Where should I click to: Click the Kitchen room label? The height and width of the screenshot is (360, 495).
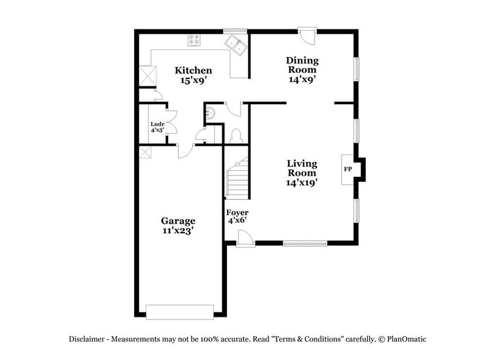tap(193, 70)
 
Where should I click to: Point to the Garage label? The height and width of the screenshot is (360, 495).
tap(178, 220)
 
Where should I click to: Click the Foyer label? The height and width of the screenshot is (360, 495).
tap(237, 212)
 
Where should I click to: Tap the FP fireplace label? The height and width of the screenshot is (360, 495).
tap(348, 168)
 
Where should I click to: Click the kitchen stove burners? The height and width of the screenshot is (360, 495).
tap(195, 40)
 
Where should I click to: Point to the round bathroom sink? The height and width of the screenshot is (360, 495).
tap(211, 112)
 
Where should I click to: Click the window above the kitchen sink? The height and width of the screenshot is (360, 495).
tap(235, 30)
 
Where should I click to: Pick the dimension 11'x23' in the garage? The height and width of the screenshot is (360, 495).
tap(178, 231)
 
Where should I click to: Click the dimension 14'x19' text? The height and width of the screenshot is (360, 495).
tap(302, 182)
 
